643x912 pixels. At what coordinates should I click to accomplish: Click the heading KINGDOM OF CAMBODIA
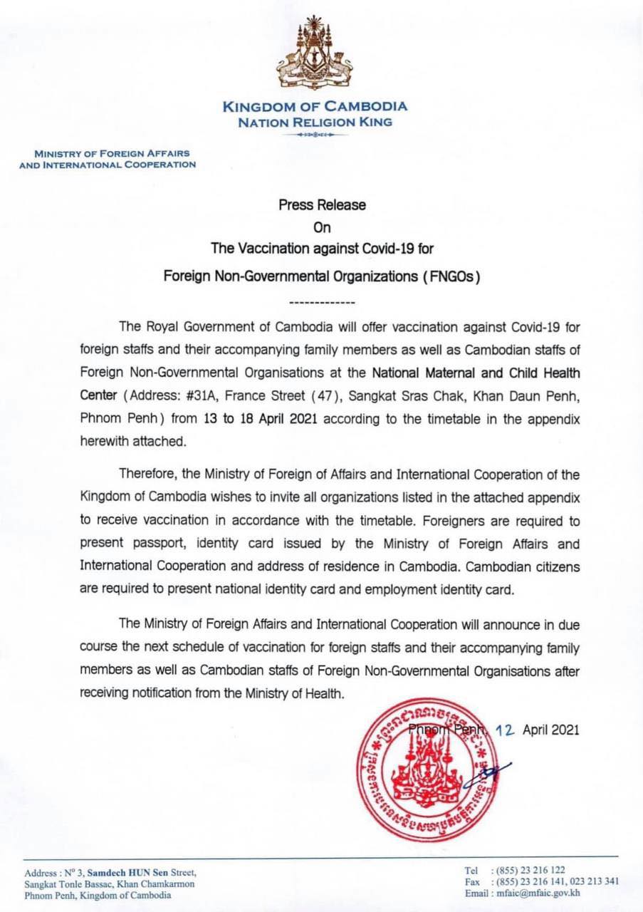(x=315, y=107)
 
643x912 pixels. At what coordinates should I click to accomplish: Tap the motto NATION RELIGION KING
(x=315, y=122)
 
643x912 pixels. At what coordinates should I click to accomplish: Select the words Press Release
(x=322, y=205)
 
